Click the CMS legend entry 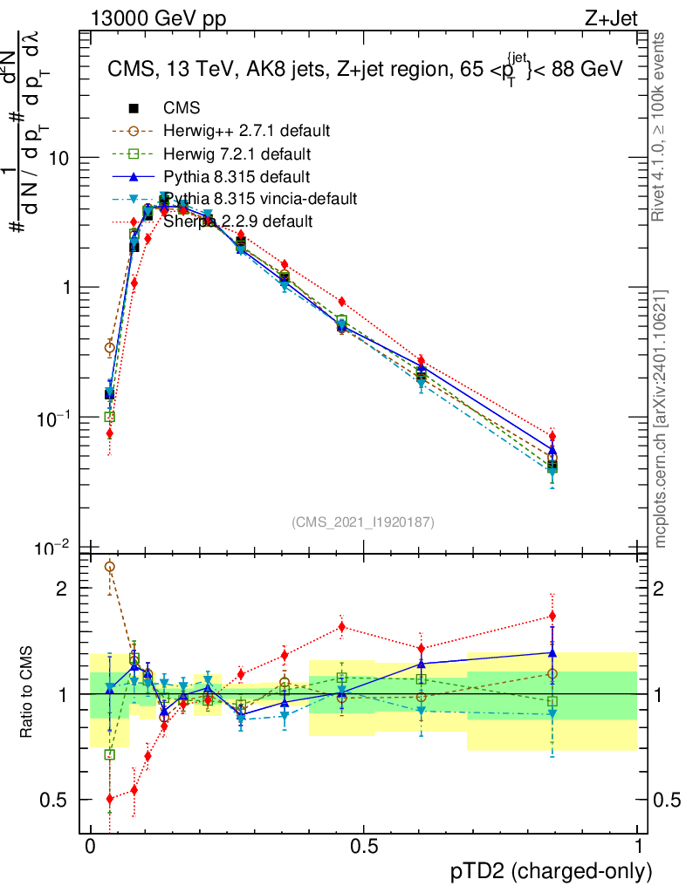tap(182, 108)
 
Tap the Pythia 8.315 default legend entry tap(236, 176)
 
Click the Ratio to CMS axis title tap(26, 693)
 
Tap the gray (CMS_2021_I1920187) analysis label tap(363, 521)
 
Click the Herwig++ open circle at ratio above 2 tap(109, 567)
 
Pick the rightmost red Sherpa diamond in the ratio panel tap(552, 617)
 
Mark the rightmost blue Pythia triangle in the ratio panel tap(552, 652)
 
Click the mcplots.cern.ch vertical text tap(662, 419)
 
